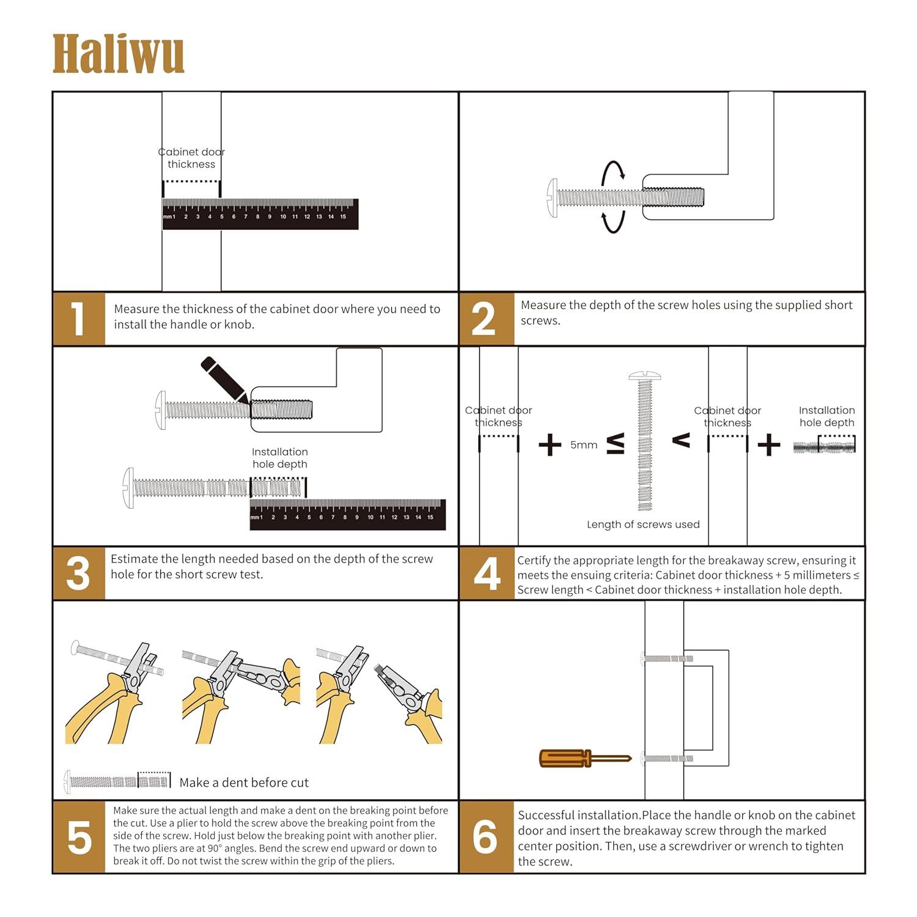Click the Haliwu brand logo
(x=118, y=54)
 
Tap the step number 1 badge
(x=78, y=319)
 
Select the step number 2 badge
(x=485, y=319)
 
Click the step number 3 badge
(x=78, y=573)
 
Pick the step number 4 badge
(x=487, y=573)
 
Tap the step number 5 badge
(x=79, y=837)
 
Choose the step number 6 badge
(x=486, y=837)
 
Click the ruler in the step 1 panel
(x=260, y=214)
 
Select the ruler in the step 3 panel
(x=347, y=514)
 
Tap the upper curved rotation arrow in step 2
(x=613, y=171)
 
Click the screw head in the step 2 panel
(x=553, y=197)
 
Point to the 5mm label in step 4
(x=584, y=445)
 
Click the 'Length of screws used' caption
(x=643, y=525)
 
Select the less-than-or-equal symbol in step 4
(x=615, y=444)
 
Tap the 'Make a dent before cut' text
(x=244, y=783)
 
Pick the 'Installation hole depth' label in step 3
(x=279, y=458)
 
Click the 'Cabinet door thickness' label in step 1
(x=191, y=158)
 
